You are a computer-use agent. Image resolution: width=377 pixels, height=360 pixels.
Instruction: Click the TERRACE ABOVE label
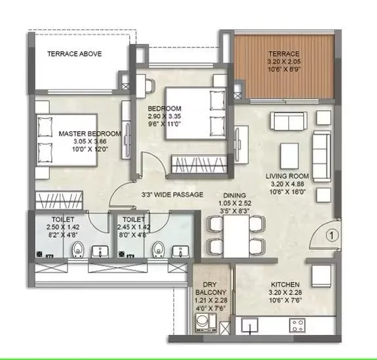74,54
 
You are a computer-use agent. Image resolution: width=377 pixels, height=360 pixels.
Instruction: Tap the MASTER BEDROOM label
90,134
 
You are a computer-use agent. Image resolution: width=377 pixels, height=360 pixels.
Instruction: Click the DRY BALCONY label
210,288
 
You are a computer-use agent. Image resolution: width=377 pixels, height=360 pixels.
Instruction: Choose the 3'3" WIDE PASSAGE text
172,195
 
